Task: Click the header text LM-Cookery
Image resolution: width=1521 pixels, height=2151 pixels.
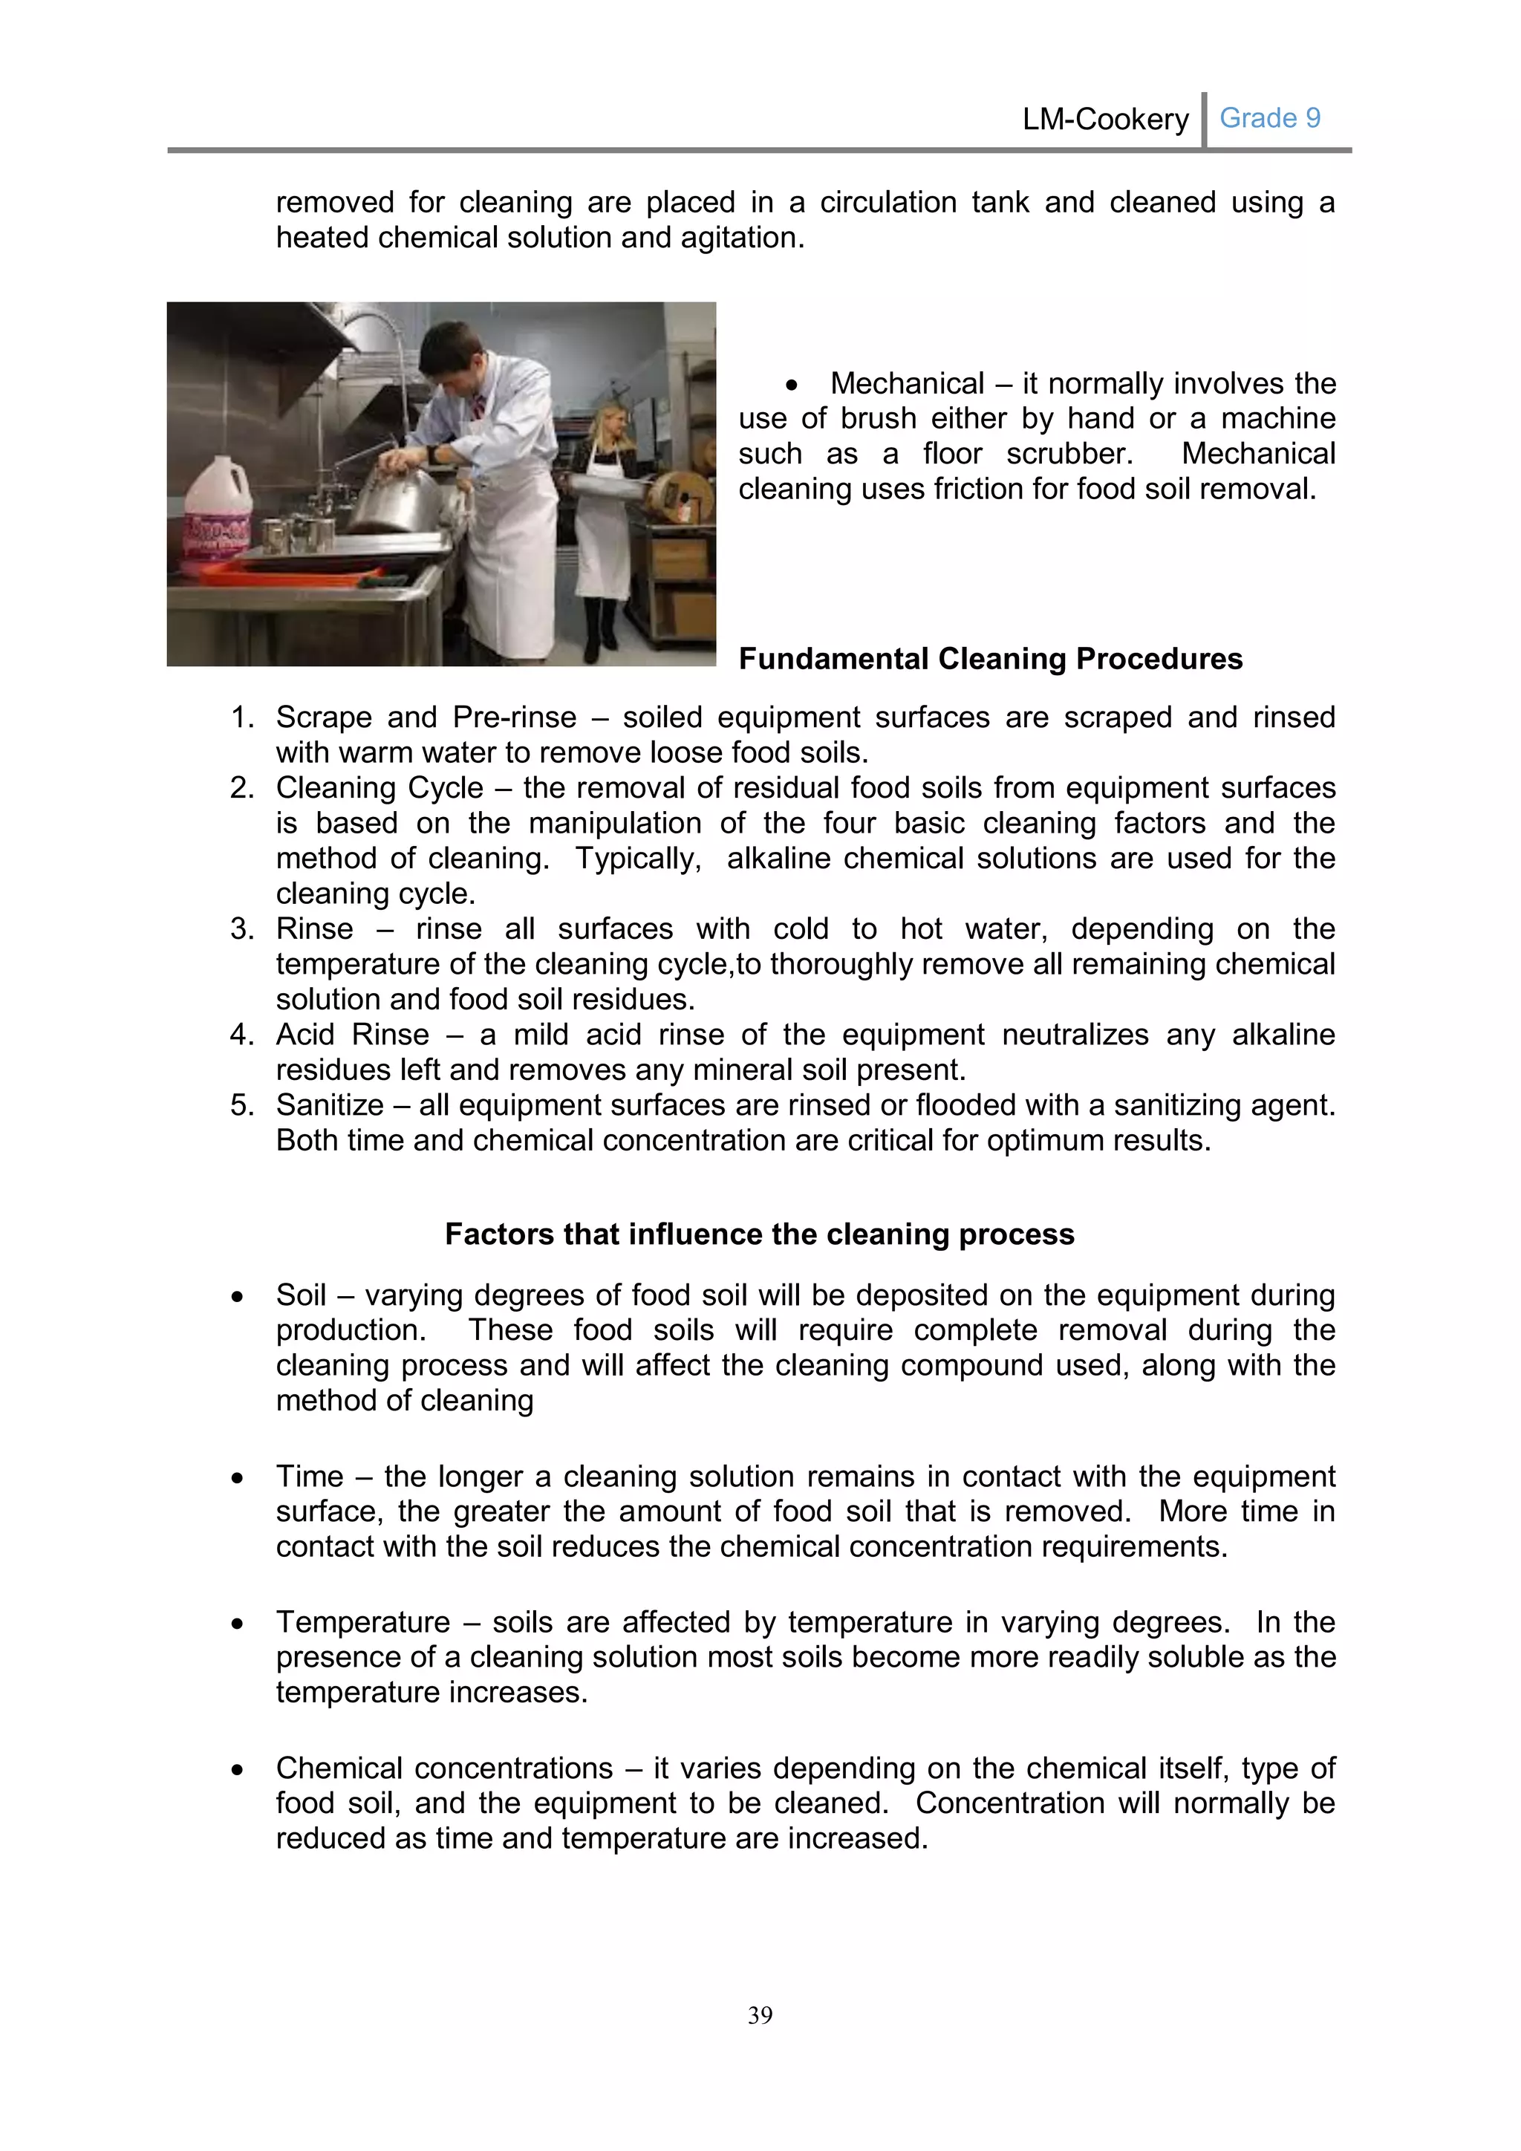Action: [1104, 120]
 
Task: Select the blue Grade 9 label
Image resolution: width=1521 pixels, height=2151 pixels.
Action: [1269, 118]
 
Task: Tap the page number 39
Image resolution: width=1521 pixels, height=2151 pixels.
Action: [760, 2014]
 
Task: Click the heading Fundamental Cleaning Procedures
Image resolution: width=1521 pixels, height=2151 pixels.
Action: [990, 659]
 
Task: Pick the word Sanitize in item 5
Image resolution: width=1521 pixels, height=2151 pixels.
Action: [329, 1105]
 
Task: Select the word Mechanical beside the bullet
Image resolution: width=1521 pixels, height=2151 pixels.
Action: [907, 383]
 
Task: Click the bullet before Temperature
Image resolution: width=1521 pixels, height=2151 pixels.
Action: [238, 1624]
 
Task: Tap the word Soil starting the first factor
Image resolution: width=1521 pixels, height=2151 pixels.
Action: [301, 1295]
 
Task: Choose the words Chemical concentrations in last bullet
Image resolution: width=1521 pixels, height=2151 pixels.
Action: [444, 1768]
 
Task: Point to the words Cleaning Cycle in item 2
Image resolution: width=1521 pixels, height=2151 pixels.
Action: [380, 788]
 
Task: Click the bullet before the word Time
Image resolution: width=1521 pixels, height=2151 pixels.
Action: [238, 1477]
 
